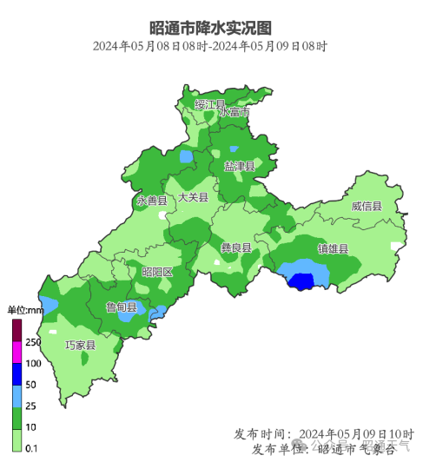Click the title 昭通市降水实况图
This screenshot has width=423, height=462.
click(210, 28)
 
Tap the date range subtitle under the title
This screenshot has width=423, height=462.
click(210, 46)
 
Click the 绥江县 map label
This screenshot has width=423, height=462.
click(209, 104)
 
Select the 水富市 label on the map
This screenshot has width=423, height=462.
click(235, 113)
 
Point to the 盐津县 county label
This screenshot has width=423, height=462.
click(239, 165)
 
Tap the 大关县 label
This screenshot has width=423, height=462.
click(193, 197)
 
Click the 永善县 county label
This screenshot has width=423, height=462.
click(151, 201)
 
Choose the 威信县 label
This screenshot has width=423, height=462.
click(367, 207)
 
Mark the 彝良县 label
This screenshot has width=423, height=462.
click(235, 247)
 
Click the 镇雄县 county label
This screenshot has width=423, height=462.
click(333, 249)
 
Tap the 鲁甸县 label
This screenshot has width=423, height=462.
click(122, 307)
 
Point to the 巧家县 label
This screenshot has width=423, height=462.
click(81, 345)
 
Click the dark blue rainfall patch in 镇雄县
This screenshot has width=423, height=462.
click(301, 281)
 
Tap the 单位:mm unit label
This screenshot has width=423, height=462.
click(26, 310)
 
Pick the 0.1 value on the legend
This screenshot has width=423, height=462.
click(32, 447)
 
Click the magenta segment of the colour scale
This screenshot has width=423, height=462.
click(17, 352)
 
